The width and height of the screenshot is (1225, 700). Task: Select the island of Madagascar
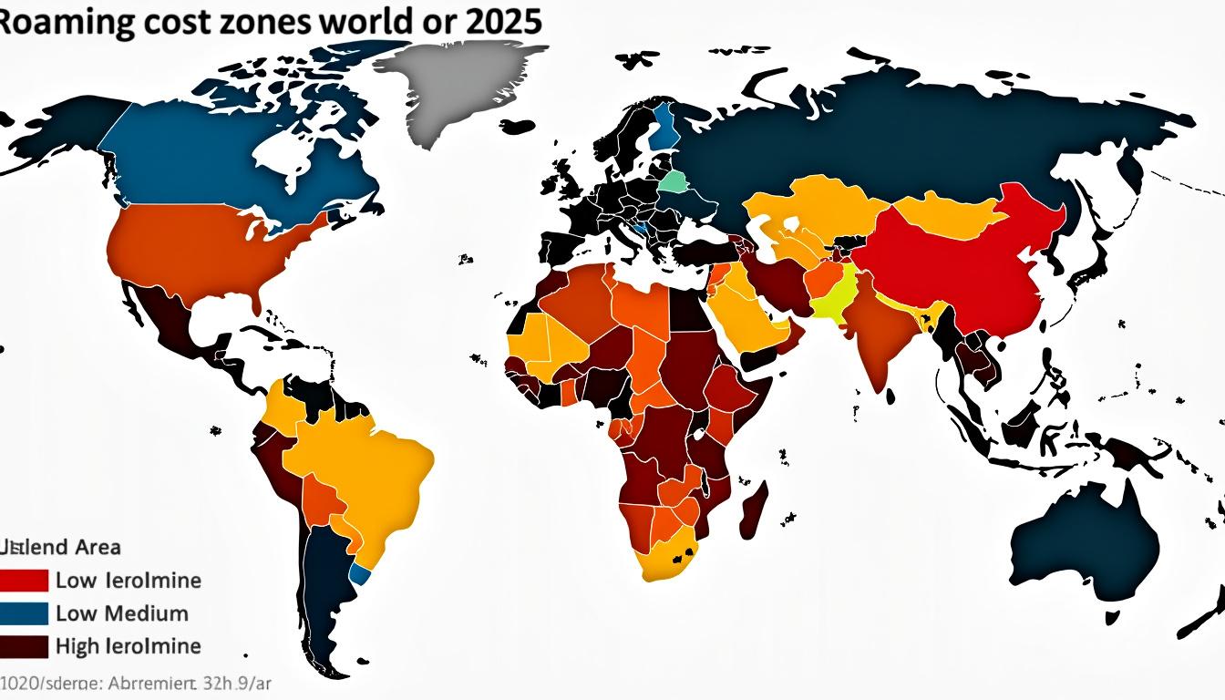coord(754,510)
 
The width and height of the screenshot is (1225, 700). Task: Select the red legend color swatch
coord(25,580)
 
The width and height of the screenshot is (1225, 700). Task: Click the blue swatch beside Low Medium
coord(25,612)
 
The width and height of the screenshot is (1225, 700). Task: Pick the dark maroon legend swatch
coord(25,645)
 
